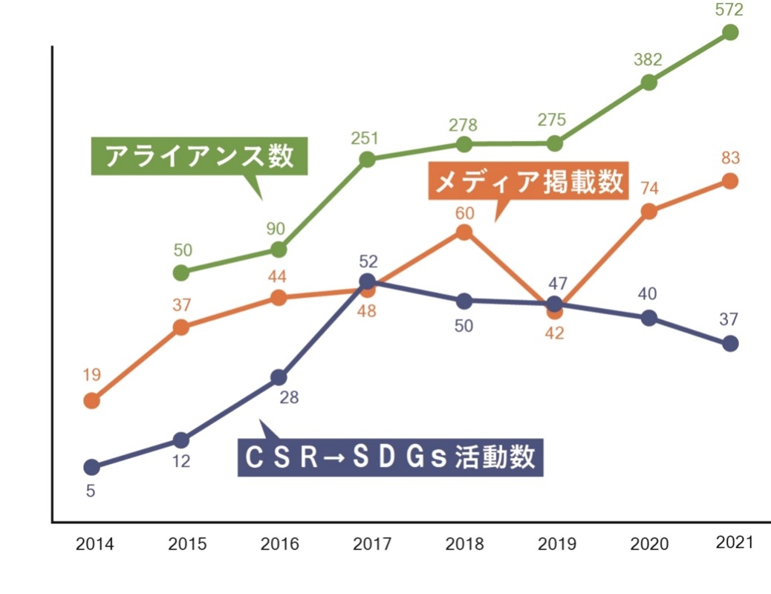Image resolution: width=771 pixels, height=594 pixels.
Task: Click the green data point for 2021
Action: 730,32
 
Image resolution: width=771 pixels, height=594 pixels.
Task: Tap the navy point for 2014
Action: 91,467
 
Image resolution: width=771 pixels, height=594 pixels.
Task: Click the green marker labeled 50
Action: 180,272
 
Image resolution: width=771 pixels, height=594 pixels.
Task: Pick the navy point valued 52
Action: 367,281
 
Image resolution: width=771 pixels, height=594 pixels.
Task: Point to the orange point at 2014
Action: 91,401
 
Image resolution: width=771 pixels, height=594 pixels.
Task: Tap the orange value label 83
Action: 730,158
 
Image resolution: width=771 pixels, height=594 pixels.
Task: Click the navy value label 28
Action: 289,397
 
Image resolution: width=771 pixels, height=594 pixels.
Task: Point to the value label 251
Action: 365,138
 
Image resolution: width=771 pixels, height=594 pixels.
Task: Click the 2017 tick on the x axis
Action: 372,544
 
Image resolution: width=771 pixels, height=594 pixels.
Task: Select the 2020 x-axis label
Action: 649,544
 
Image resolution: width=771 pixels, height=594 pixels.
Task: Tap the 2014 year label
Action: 95,544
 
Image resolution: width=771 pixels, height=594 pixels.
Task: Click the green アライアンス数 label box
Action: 199,157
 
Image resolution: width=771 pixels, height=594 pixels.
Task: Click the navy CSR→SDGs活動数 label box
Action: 391,457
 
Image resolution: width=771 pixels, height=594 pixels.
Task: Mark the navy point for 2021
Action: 730,343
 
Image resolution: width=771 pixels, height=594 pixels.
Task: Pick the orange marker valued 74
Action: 648,211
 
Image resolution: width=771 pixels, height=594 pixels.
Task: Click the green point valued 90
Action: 278,249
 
